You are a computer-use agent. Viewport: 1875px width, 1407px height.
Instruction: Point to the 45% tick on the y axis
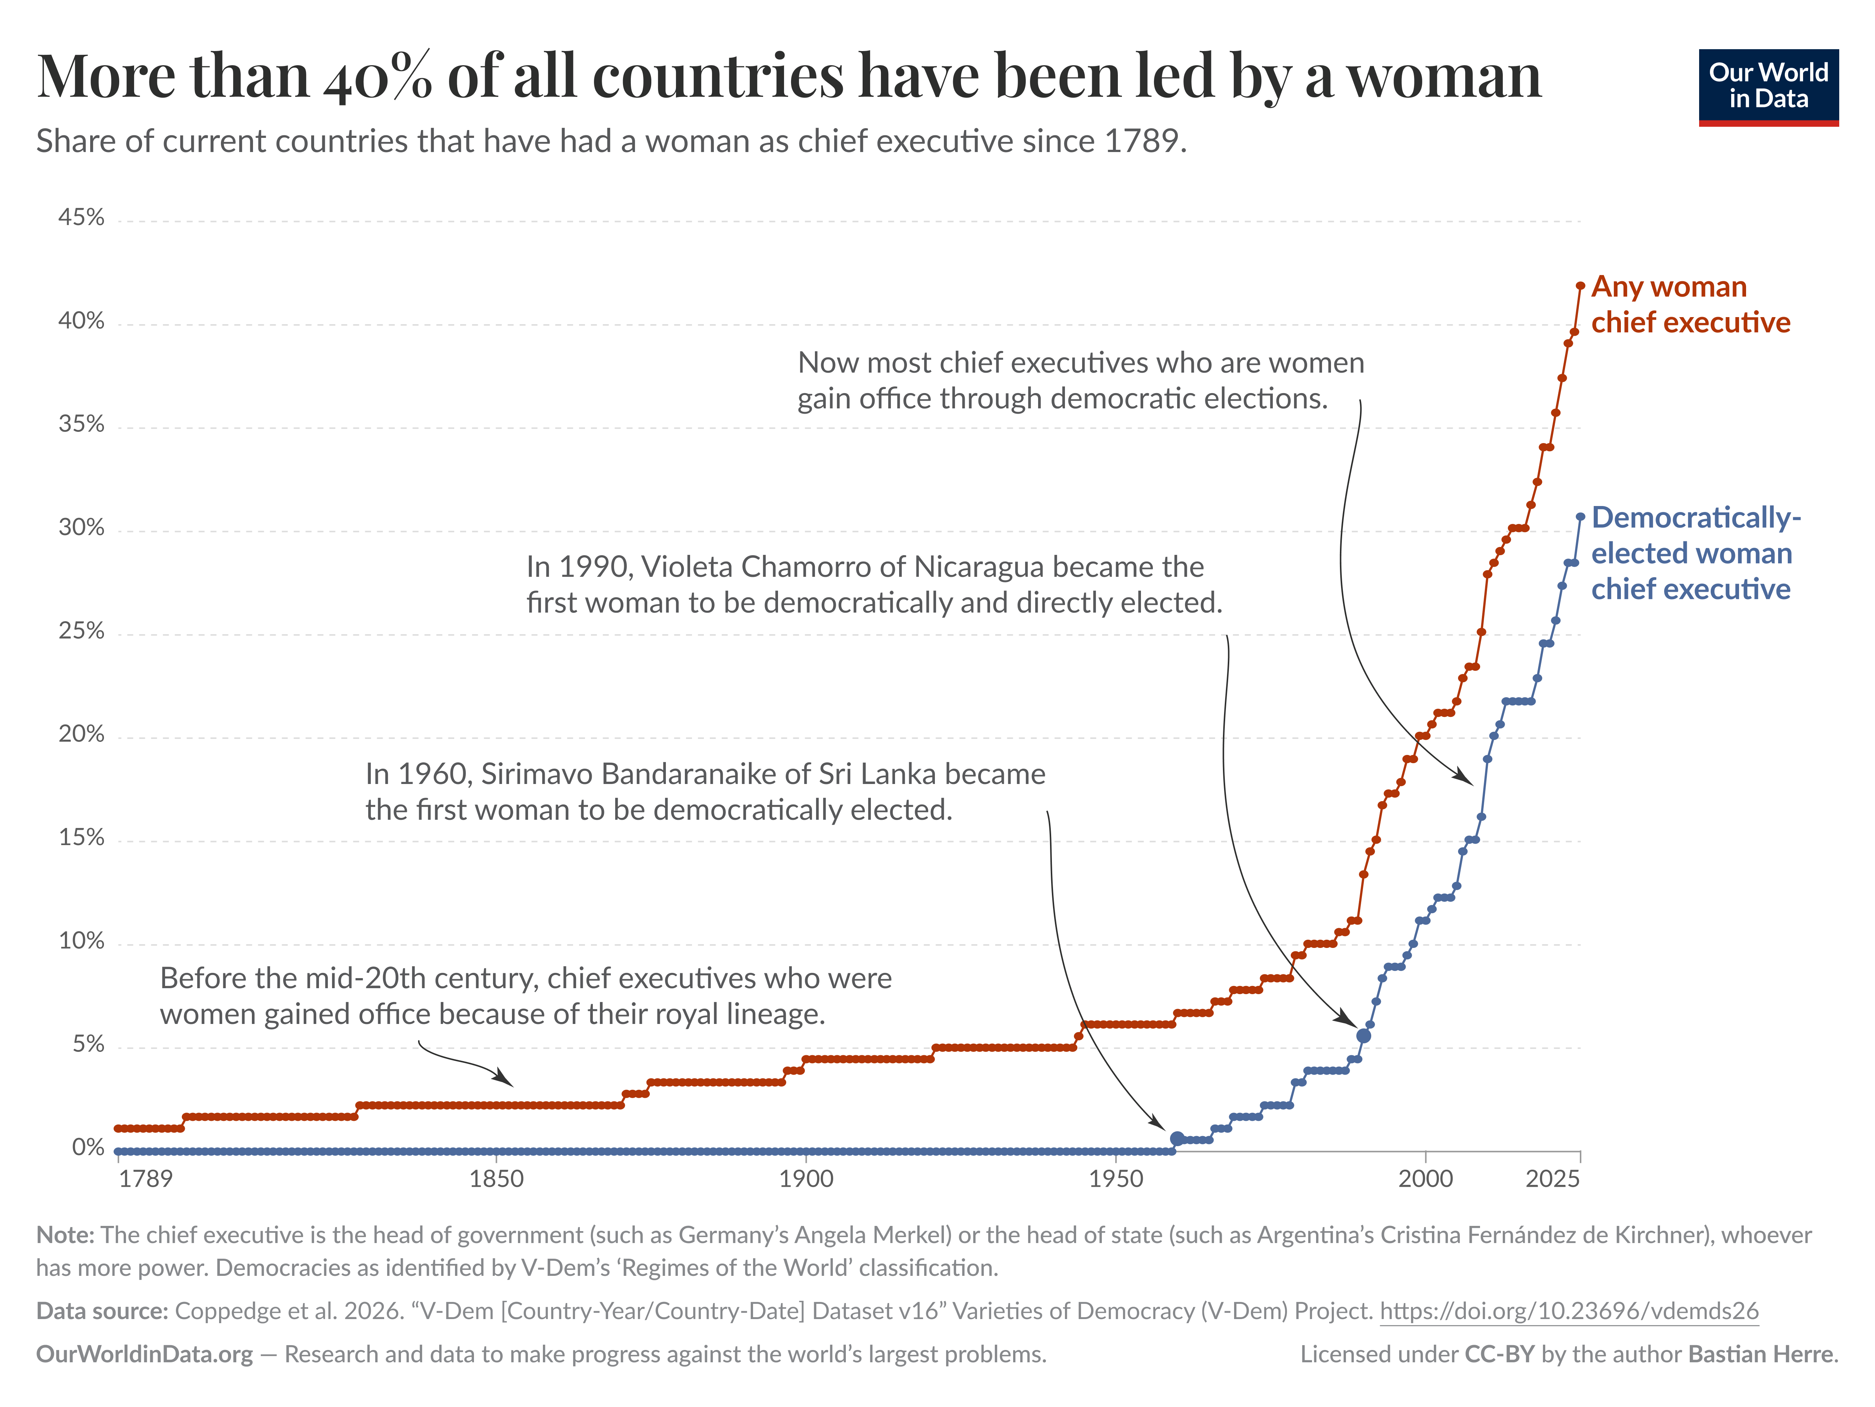(x=81, y=218)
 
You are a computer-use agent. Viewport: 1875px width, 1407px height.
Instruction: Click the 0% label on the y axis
(x=88, y=1148)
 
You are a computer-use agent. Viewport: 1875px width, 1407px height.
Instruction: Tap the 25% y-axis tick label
(x=81, y=632)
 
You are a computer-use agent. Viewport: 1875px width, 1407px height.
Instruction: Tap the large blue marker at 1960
(x=1177, y=1138)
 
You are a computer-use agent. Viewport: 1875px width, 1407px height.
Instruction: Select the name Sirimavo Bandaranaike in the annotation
(x=645, y=774)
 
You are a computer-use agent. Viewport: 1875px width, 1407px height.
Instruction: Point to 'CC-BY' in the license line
(x=1499, y=1354)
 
